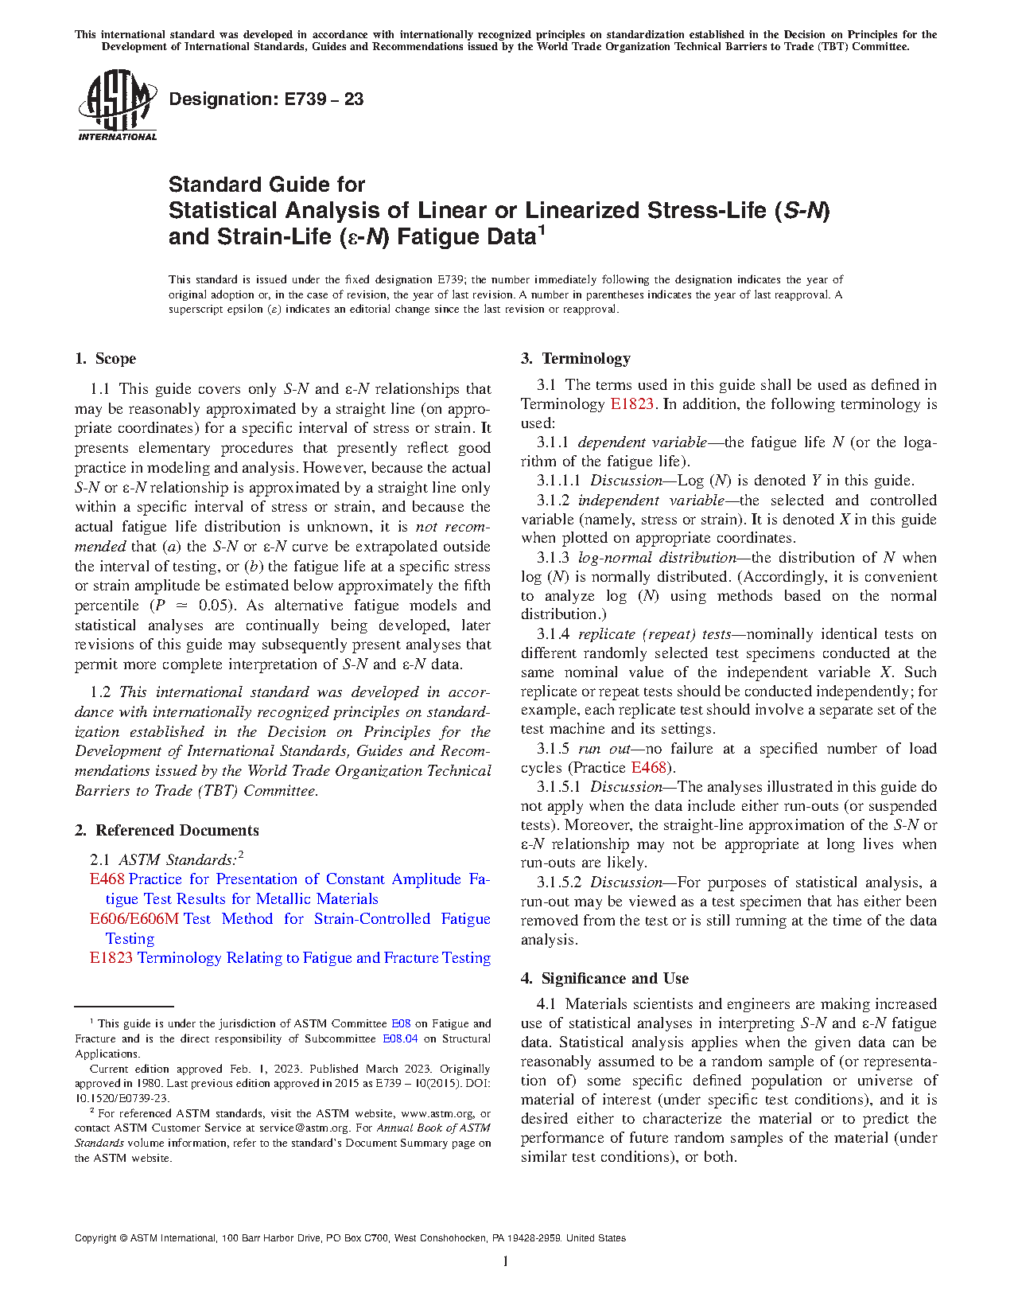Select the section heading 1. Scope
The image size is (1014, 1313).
pyautogui.click(x=106, y=359)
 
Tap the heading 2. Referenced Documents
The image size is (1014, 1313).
pyautogui.click(x=167, y=831)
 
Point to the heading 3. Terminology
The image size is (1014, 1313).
pyautogui.click(x=576, y=359)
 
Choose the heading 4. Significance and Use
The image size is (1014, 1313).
pyautogui.click(x=605, y=979)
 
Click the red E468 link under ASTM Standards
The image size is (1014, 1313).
pyautogui.click(x=107, y=879)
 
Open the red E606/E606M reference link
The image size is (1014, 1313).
pyautogui.click(x=134, y=919)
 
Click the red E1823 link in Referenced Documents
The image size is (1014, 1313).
pyautogui.click(x=111, y=958)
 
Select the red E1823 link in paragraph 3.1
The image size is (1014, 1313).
pyautogui.click(x=631, y=404)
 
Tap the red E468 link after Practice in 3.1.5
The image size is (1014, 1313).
pyautogui.click(x=648, y=768)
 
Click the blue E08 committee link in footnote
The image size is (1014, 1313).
pyautogui.click(x=401, y=1024)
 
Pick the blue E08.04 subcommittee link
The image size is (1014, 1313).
pyautogui.click(x=400, y=1039)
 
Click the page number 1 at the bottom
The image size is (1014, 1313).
pyautogui.click(x=505, y=1261)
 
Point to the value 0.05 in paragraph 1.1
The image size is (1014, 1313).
pyautogui.click(x=213, y=606)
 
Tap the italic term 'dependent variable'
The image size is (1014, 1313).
pyautogui.click(x=642, y=442)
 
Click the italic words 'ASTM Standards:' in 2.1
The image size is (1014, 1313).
pyautogui.click(x=177, y=860)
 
